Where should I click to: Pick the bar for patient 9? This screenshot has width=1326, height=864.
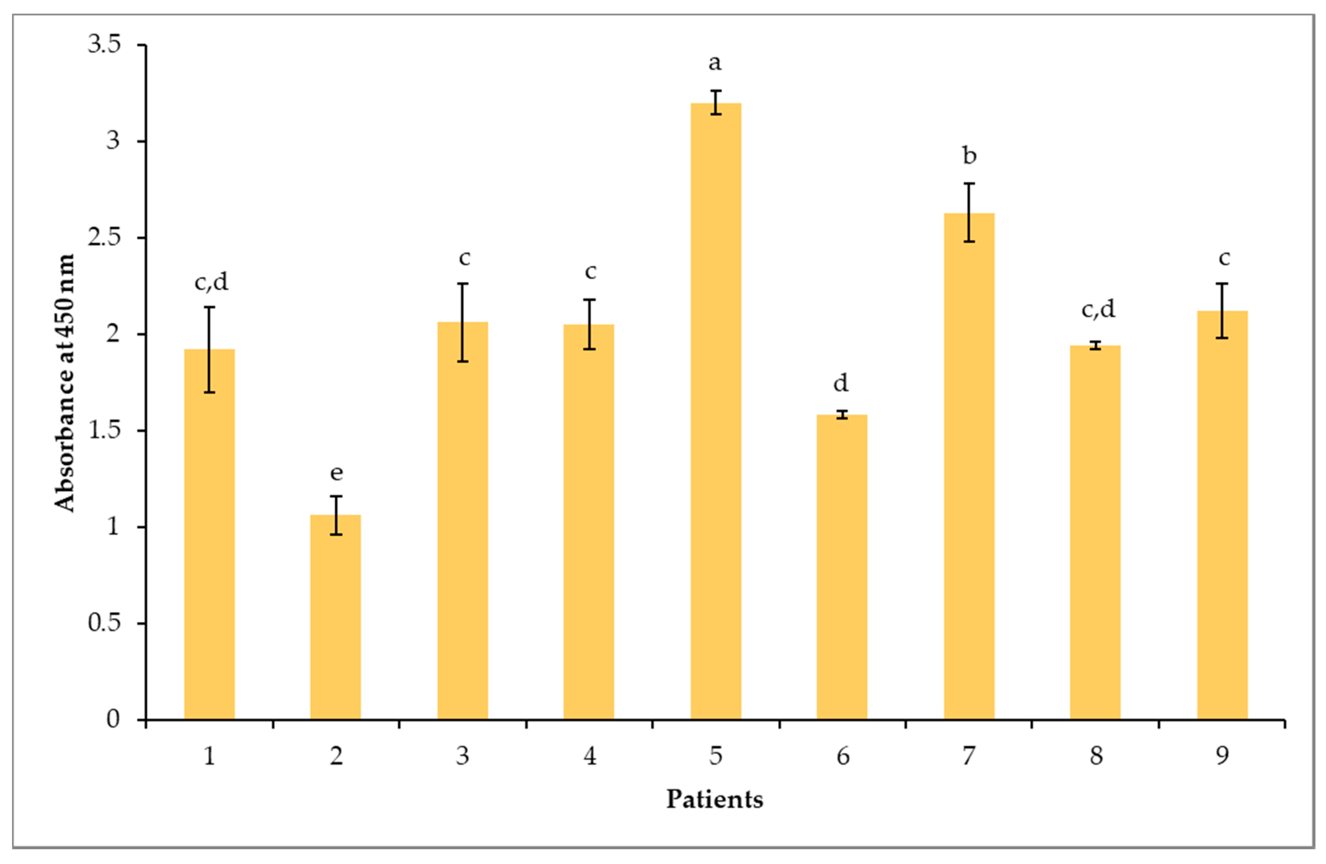1222,515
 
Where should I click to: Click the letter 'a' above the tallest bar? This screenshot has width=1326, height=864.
715,63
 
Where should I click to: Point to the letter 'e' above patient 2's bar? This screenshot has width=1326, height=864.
336,473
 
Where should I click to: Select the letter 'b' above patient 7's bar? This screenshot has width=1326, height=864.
970,155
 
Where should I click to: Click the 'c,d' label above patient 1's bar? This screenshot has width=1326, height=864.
211,283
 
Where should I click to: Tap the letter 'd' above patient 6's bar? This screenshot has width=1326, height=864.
841,383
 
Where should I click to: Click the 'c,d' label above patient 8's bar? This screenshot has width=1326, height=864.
1098,309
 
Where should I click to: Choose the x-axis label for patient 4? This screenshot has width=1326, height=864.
590,756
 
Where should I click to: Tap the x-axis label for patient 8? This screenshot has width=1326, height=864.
1096,756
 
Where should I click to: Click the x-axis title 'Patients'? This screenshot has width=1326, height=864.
715,799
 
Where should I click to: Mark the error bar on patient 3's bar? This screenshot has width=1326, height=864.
462,323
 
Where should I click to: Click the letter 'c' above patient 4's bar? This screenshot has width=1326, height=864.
590,272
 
